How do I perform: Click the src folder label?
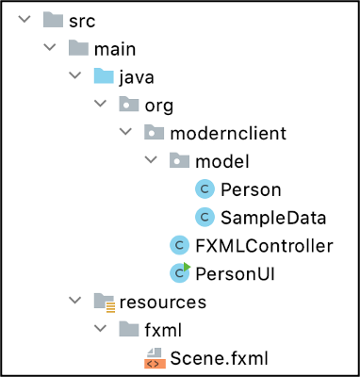click(84, 19)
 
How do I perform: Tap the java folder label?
click(137, 75)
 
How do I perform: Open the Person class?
click(250, 188)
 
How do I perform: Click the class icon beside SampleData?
click(205, 218)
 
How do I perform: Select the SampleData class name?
click(273, 217)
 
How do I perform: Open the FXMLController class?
click(264, 245)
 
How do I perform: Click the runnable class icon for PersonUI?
click(179, 273)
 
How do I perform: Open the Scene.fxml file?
click(219, 358)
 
